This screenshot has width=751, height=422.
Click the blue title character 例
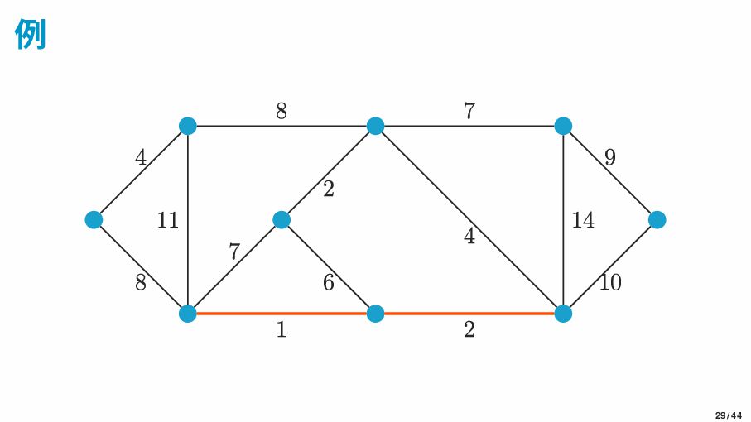tap(30, 33)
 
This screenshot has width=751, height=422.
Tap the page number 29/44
tap(729, 415)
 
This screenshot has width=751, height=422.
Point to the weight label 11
tap(167, 220)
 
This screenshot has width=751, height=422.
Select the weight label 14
tap(584, 220)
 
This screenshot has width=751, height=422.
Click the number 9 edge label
tap(609, 157)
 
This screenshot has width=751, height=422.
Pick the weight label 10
tap(611, 282)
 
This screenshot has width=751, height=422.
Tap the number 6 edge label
tap(328, 282)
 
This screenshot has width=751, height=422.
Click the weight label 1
tap(282, 329)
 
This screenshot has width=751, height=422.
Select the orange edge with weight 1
tap(282, 314)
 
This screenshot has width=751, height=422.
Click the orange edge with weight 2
tap(469, 314)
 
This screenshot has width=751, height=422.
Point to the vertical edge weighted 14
tap(563, 220)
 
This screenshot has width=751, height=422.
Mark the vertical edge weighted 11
tap(188, 220)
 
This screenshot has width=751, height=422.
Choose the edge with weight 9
tap(610, 173)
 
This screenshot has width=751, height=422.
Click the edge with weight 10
tap(610, 267)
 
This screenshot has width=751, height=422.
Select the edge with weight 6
tap(328, 267)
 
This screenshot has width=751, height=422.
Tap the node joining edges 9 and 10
tap(657, 220)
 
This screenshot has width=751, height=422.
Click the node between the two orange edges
tap(376, 314)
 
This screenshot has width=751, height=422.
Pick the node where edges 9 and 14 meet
tap(563, 126)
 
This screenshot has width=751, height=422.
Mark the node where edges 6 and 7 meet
tap(282, 220)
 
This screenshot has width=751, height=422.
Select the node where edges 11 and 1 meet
tap(188, 314)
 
